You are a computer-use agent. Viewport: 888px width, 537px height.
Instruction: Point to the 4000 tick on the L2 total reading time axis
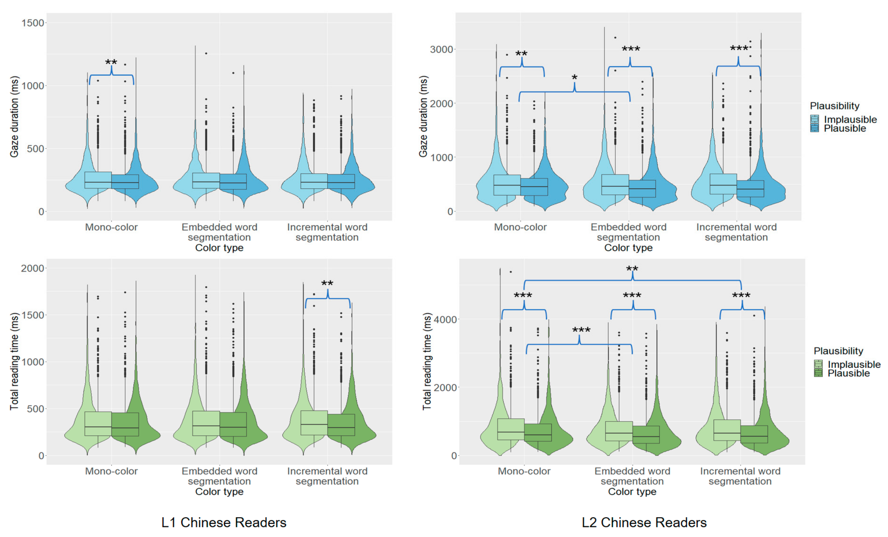click(445, 319)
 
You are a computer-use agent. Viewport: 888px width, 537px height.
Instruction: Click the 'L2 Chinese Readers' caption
click(644, 522)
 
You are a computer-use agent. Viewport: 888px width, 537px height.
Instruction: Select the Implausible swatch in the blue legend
click(815, 119)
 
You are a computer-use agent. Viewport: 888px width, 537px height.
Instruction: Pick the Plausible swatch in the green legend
click(818, 373)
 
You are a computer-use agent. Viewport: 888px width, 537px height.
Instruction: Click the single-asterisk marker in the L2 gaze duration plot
click(575, 78)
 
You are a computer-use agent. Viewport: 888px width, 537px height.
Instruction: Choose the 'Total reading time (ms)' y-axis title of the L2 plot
click(427, 361)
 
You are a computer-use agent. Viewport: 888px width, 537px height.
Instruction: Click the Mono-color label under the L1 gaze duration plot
click(111, 227)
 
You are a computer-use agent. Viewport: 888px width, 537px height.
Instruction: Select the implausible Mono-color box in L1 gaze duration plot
click(98, 180)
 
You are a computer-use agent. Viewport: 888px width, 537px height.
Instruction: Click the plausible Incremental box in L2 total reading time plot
click(754, 434)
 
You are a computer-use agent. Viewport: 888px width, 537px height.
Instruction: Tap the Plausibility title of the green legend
click(838, 351)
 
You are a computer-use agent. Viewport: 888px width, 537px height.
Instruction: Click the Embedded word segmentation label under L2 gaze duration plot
click(629, 232)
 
